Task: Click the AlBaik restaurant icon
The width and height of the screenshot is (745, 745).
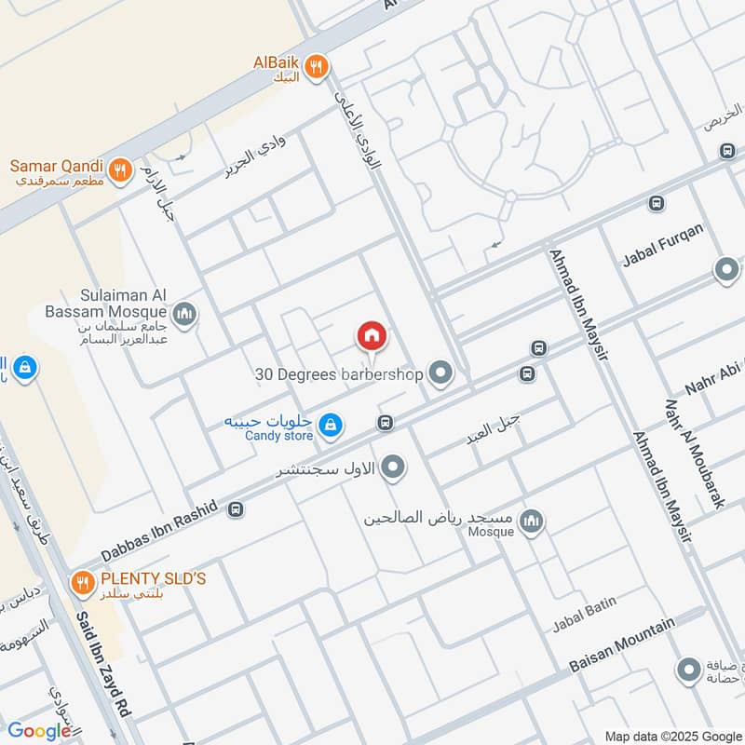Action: click(317, 64)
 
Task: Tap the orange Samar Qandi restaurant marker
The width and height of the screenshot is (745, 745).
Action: click(119, 169)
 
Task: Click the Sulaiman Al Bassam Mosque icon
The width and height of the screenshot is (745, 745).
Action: click(184, 313)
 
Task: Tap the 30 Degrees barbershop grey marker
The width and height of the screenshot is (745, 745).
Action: click(440, 374)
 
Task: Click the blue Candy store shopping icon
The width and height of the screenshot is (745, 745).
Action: click(329, 426)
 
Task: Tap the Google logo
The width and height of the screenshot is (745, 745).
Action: click(39, 731)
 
